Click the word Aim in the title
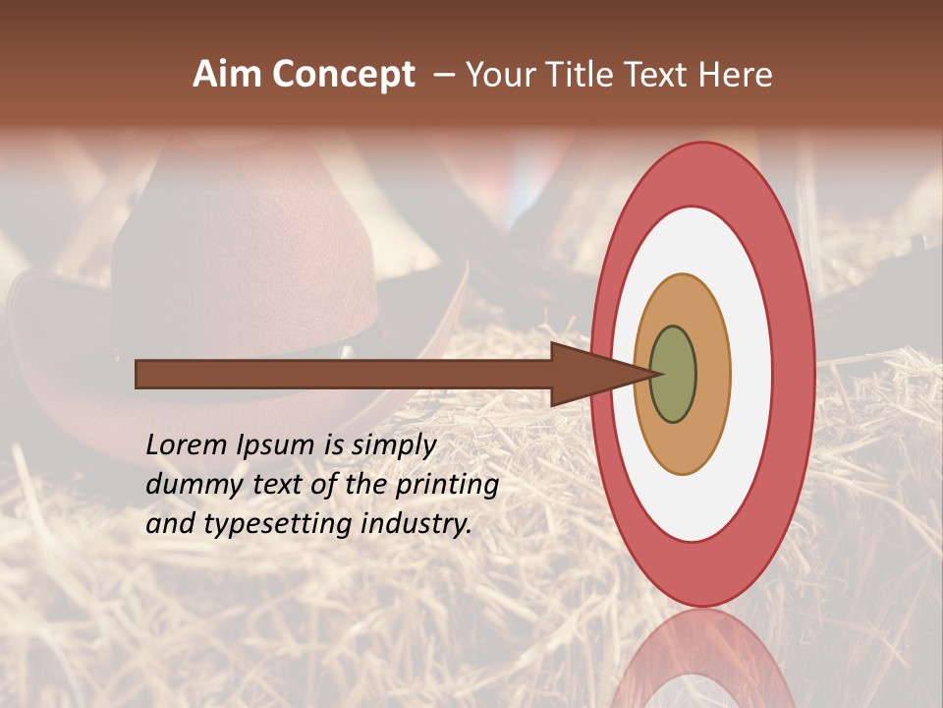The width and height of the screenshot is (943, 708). pyautogui.click(x=228, y=75)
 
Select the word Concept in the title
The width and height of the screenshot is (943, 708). pyautogui.click(x=345, y=75)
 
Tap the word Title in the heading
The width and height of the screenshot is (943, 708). pyautogui.click(x=582, y=75)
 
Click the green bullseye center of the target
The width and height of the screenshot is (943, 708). pyautogui.click(x=674, y=374)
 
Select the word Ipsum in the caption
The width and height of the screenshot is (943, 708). pyautogui.click(x=275, y=446)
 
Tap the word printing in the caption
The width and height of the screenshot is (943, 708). pyautogui.click(x=447, y=486)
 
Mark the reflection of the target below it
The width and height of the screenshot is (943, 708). pyautogui.click(x=702, y=659)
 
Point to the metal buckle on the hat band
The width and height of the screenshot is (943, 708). pyautogui.click(x=346, y=350)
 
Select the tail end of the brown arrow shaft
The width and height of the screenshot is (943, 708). pyautogui.click(x=142, y=374)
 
